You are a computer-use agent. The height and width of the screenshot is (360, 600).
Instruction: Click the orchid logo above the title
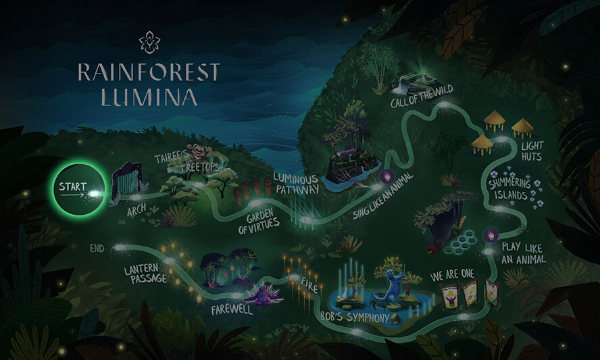[149, 42]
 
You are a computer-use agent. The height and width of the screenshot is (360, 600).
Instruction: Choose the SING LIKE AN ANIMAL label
[384, 195]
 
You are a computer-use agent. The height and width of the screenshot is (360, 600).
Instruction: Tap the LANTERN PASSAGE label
[145, 274]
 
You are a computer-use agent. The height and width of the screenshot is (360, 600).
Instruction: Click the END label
[97, 249]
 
